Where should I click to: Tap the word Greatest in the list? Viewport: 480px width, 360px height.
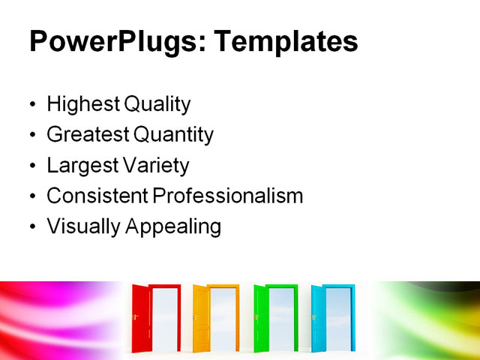[x=87, y=135]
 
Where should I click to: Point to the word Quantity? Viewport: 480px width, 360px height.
[x=173, y=136]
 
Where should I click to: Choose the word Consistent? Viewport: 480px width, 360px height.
[x=97, y=196]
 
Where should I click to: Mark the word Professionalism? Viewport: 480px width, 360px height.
[x=228, y=196]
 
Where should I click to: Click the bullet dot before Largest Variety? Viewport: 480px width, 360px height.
[x=31, y=166]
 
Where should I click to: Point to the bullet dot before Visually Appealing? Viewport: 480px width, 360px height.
[x=31, y=226]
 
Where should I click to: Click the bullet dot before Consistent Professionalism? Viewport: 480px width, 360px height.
[x=31, y=196]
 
